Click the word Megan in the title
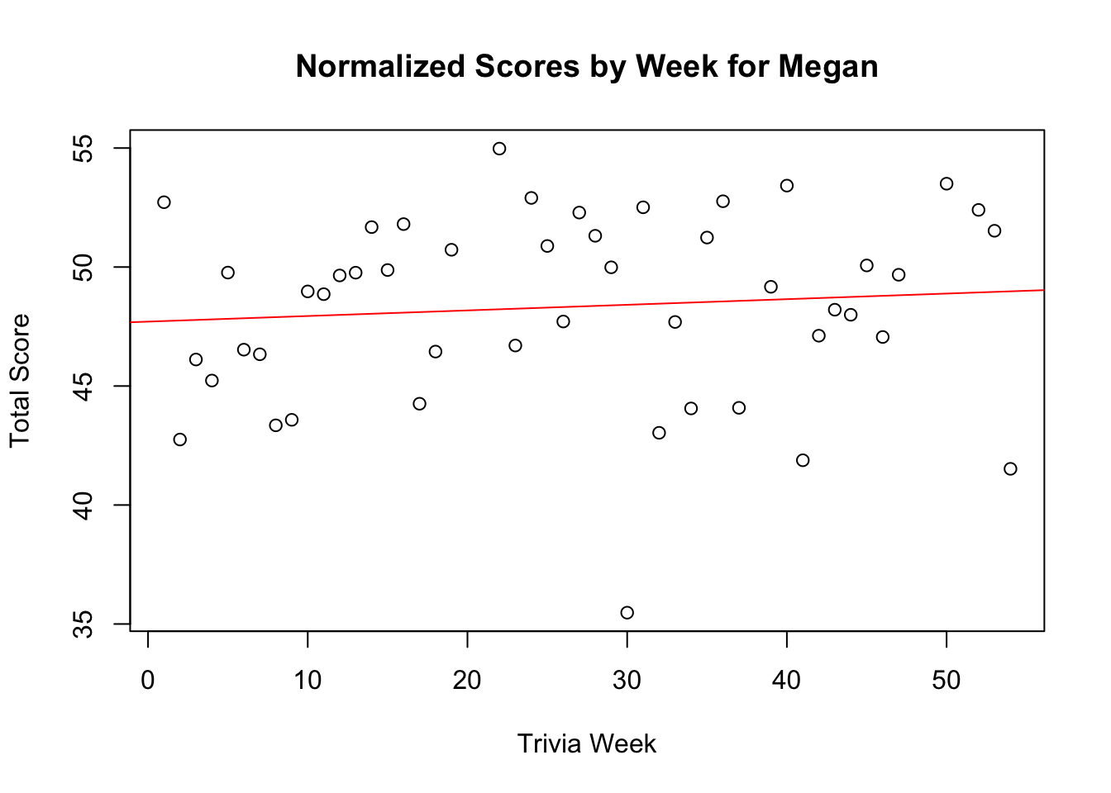click(x=827, y=67)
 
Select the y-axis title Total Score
click(x=20, y=381)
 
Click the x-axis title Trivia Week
click(x=586, y=744)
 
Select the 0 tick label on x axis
click(x=148, y=681)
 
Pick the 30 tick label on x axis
click(x=627, y=681)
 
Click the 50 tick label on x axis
click(x=946, y=681)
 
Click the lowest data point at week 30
click(x=627, y=613)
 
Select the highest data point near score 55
click(x=499, y=149)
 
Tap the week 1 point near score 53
click(x=164, y=202)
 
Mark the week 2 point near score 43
click(x=180, y=439)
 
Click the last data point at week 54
click(x=1010, y=469)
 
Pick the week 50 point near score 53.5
click(x=946, y=183)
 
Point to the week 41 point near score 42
click(x=803, y=460)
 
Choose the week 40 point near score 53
click(x=787, y=186)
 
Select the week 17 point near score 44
click(x=419, y=404)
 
